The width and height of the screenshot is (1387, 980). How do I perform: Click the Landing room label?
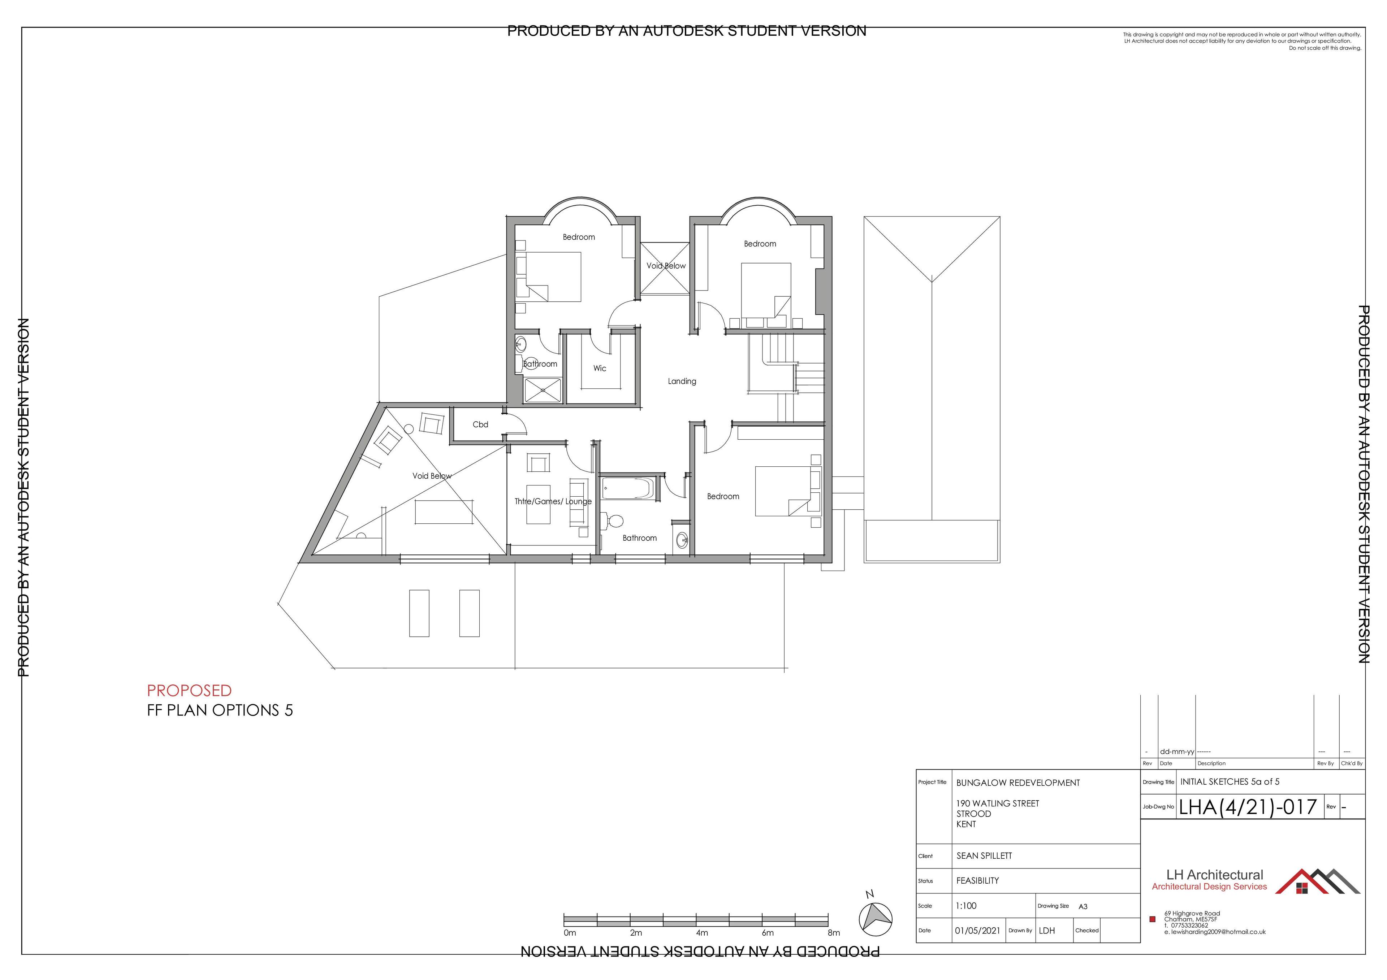[682, 381]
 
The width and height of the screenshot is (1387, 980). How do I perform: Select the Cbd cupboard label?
[480, 424]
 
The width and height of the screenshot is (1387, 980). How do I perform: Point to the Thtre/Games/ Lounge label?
[553, 501]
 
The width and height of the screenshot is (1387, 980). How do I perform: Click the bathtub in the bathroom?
[628, 488]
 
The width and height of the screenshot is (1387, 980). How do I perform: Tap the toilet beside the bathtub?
[613, 521]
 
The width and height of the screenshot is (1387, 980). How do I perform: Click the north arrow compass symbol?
[875, 918]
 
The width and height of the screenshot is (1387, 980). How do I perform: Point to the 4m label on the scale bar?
[701, 933]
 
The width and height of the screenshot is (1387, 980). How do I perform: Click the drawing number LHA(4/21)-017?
[1248, 807]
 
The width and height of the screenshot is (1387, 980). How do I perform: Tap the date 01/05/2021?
[977, 931]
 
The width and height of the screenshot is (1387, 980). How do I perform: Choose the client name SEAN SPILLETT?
[984, 855]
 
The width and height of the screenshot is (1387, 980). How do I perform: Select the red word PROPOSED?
[189, 690]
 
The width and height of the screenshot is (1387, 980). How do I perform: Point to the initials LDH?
[1047, 931]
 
